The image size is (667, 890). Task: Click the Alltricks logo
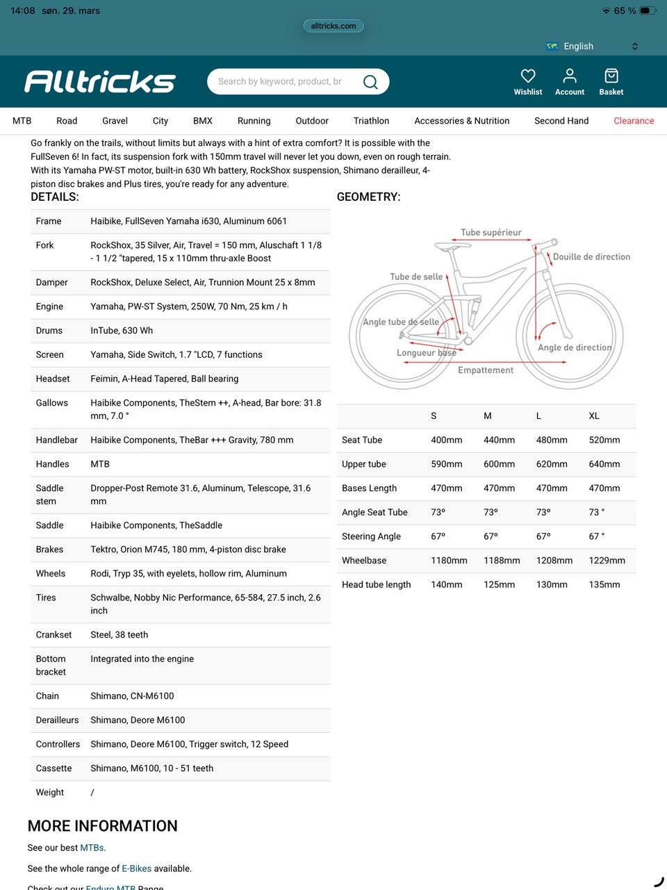[100, 81]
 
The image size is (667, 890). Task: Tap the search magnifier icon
[370, 82]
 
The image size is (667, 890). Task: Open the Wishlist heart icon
[528, 76]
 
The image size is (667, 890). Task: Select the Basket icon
[611, 76]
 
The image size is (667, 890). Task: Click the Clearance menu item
[634, 121]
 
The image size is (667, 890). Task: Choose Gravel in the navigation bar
[115, 121]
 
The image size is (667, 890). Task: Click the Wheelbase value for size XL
[607, 561]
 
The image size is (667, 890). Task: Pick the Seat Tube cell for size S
[446, 440]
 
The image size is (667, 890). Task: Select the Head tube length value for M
[499, 585]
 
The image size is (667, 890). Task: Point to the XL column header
[594, 416]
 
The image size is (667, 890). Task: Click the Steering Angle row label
[371, 536]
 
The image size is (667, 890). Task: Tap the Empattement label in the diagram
[486, 370]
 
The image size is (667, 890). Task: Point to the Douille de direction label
[591, 257]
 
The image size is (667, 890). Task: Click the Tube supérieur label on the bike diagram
[491, 233]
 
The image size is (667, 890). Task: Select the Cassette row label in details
[53, 768]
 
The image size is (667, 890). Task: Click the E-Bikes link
[136, 868]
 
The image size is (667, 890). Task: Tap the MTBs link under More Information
[92, 848]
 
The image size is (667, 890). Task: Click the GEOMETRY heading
[368, 197]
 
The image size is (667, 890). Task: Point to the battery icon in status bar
[647, 10]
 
